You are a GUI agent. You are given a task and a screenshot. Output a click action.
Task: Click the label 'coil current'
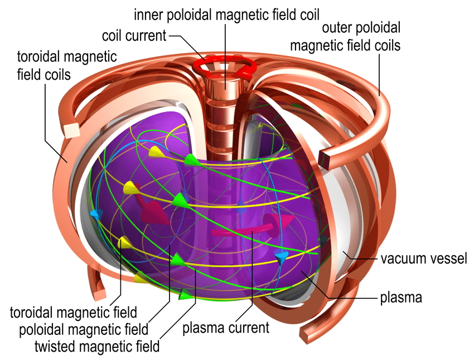(x=134, y=36)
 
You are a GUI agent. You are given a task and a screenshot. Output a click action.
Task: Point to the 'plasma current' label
(x=226, y=328)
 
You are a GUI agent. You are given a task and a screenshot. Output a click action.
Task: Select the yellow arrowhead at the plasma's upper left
(x=130, y=187)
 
